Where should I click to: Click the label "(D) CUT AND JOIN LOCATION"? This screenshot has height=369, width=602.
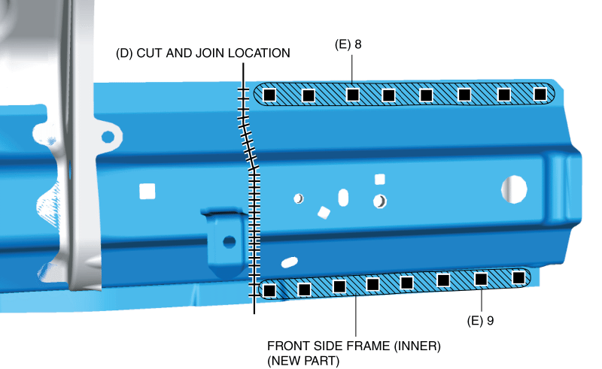pyautogui.click(x=202, y=53)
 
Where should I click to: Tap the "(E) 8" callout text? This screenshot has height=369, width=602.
pyautogui.click(x=348, y=44)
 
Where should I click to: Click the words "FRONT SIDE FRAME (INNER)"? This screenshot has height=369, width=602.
pyautogui.click(x=354, y=346)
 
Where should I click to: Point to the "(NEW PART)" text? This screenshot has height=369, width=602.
pyautogui.click(x=303, y=361)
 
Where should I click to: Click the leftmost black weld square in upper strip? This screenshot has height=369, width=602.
pyautogui.click(x=269, y=95)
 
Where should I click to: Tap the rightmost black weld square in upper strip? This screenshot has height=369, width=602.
pyautogui.click(x=539, y=94)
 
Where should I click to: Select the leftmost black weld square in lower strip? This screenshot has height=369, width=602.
pyautogui.click(x=270, y=290)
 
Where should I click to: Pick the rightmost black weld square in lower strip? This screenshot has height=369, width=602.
pyautogui.click(x=518, y=278)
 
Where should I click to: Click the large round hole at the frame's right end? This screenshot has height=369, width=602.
pyautogui.click(x=515, y=189)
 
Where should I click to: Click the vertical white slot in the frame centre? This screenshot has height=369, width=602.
pyautogui.click(x=343, y=198)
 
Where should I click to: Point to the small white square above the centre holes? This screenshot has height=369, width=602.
pyautogui.click(x=380, y=179)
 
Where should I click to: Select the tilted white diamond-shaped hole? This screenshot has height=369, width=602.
pyautogui.click(x=324, y=213)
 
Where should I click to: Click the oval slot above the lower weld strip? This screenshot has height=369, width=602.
pyautogui.click(x=288, y=262)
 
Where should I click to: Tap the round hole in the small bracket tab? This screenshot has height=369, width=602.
pyautogui.click(x=229, y=241)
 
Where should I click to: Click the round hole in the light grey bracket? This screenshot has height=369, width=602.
pyautogui.click(x=108, y=137)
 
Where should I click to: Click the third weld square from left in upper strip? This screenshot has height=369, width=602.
pyautogui.click(x=353, y=95)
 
